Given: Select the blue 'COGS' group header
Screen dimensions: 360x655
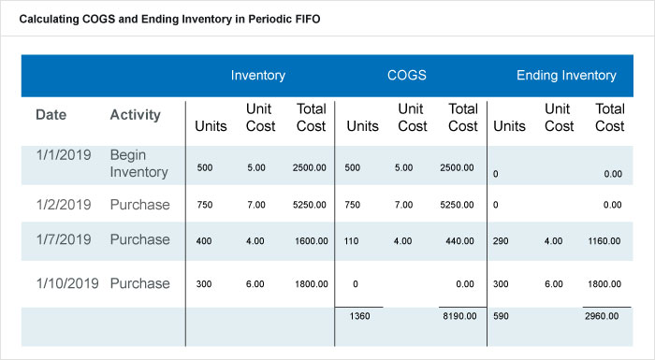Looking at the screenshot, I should [408, 76].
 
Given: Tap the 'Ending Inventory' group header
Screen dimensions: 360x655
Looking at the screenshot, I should [566, 76].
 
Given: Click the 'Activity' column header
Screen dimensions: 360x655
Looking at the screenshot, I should [136, 115].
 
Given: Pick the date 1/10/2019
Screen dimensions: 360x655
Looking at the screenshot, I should [65, 283].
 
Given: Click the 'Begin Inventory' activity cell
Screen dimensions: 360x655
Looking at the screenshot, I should [138, 163].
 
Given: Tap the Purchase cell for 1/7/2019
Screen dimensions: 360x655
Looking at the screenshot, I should [139, 239].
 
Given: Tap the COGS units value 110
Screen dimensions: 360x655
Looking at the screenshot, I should [355, 241].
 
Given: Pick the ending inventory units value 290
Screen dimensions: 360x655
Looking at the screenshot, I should [502, 241].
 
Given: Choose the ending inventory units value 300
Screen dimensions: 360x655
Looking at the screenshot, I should [502, 284].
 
